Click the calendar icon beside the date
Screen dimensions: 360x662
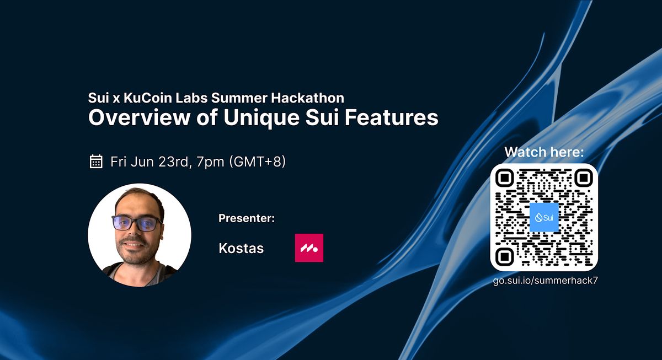click(x=96, y=162)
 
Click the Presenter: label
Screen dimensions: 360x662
click(x=247, y=218)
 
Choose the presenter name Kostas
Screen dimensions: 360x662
click(x=241, y=248)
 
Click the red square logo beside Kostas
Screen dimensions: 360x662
click(x=309, y=248)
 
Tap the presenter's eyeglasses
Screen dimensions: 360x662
click(x=137, y=223)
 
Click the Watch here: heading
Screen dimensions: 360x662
click(x=544, y=152)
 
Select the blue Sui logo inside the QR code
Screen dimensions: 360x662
click(x=544, y=217)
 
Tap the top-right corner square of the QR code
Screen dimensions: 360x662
click(x=583, y=178)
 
